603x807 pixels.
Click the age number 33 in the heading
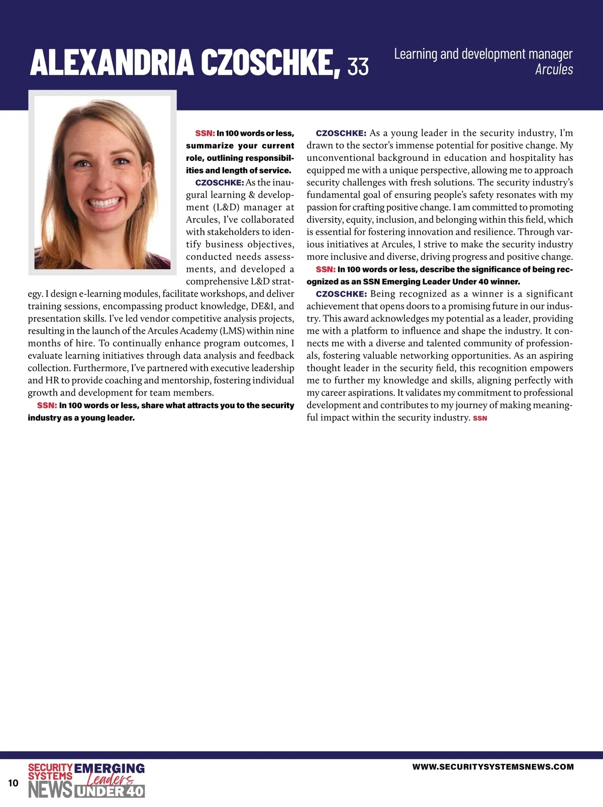coord(358,66)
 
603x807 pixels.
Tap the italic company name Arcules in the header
coord(554,69)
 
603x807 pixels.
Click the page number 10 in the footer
coord(13,783)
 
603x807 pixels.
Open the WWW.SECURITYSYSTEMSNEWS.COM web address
coord(492,767)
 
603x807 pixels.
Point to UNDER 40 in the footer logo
coord(110,791)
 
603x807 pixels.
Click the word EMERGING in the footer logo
coord(109,768)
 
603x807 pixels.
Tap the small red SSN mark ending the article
coord(480,418)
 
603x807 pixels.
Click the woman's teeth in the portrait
coord(106,204)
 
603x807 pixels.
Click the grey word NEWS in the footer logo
coord(50,790)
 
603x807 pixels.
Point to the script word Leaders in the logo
coord(111,780)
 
